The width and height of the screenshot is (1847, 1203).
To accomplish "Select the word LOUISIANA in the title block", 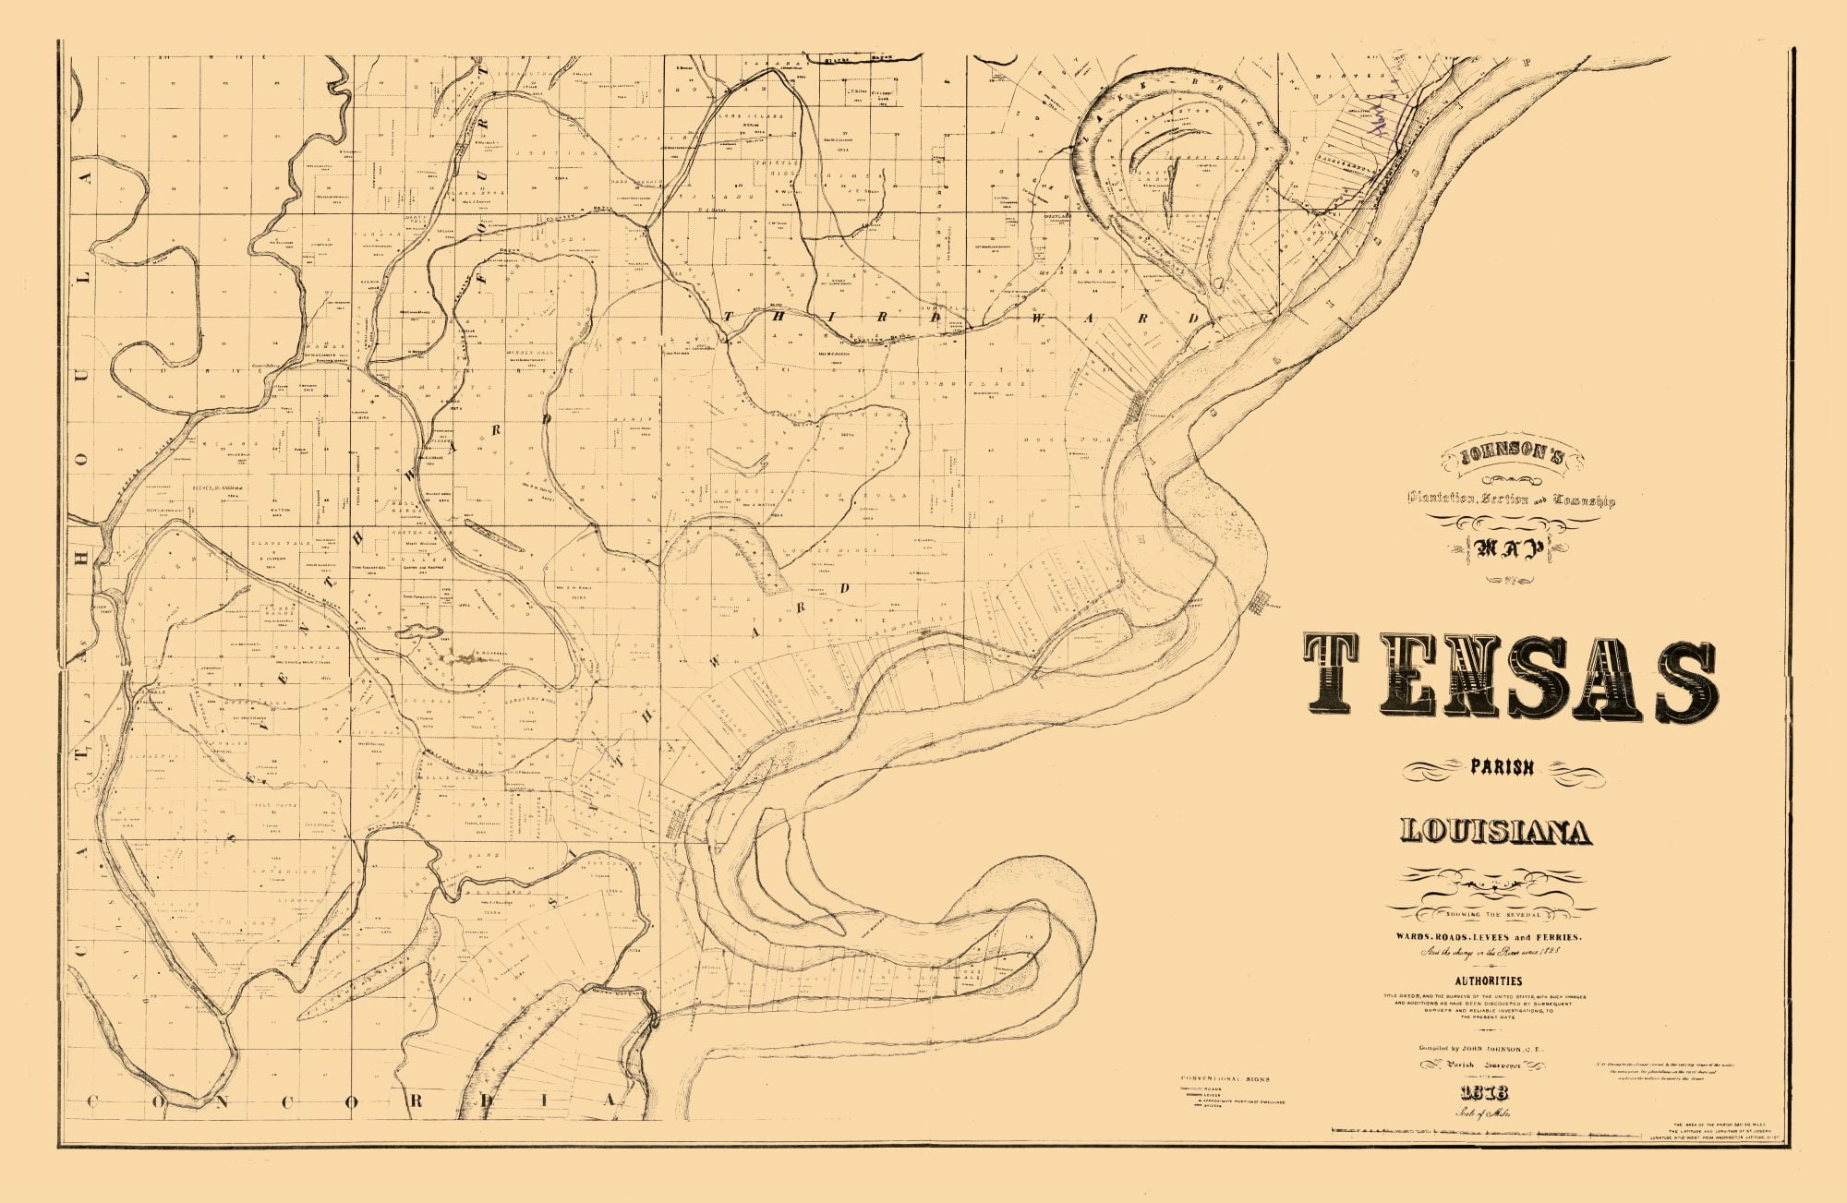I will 1496,832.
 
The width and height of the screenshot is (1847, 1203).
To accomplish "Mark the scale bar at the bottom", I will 1478,1130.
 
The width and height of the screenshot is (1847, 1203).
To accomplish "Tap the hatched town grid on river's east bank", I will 1257,604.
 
